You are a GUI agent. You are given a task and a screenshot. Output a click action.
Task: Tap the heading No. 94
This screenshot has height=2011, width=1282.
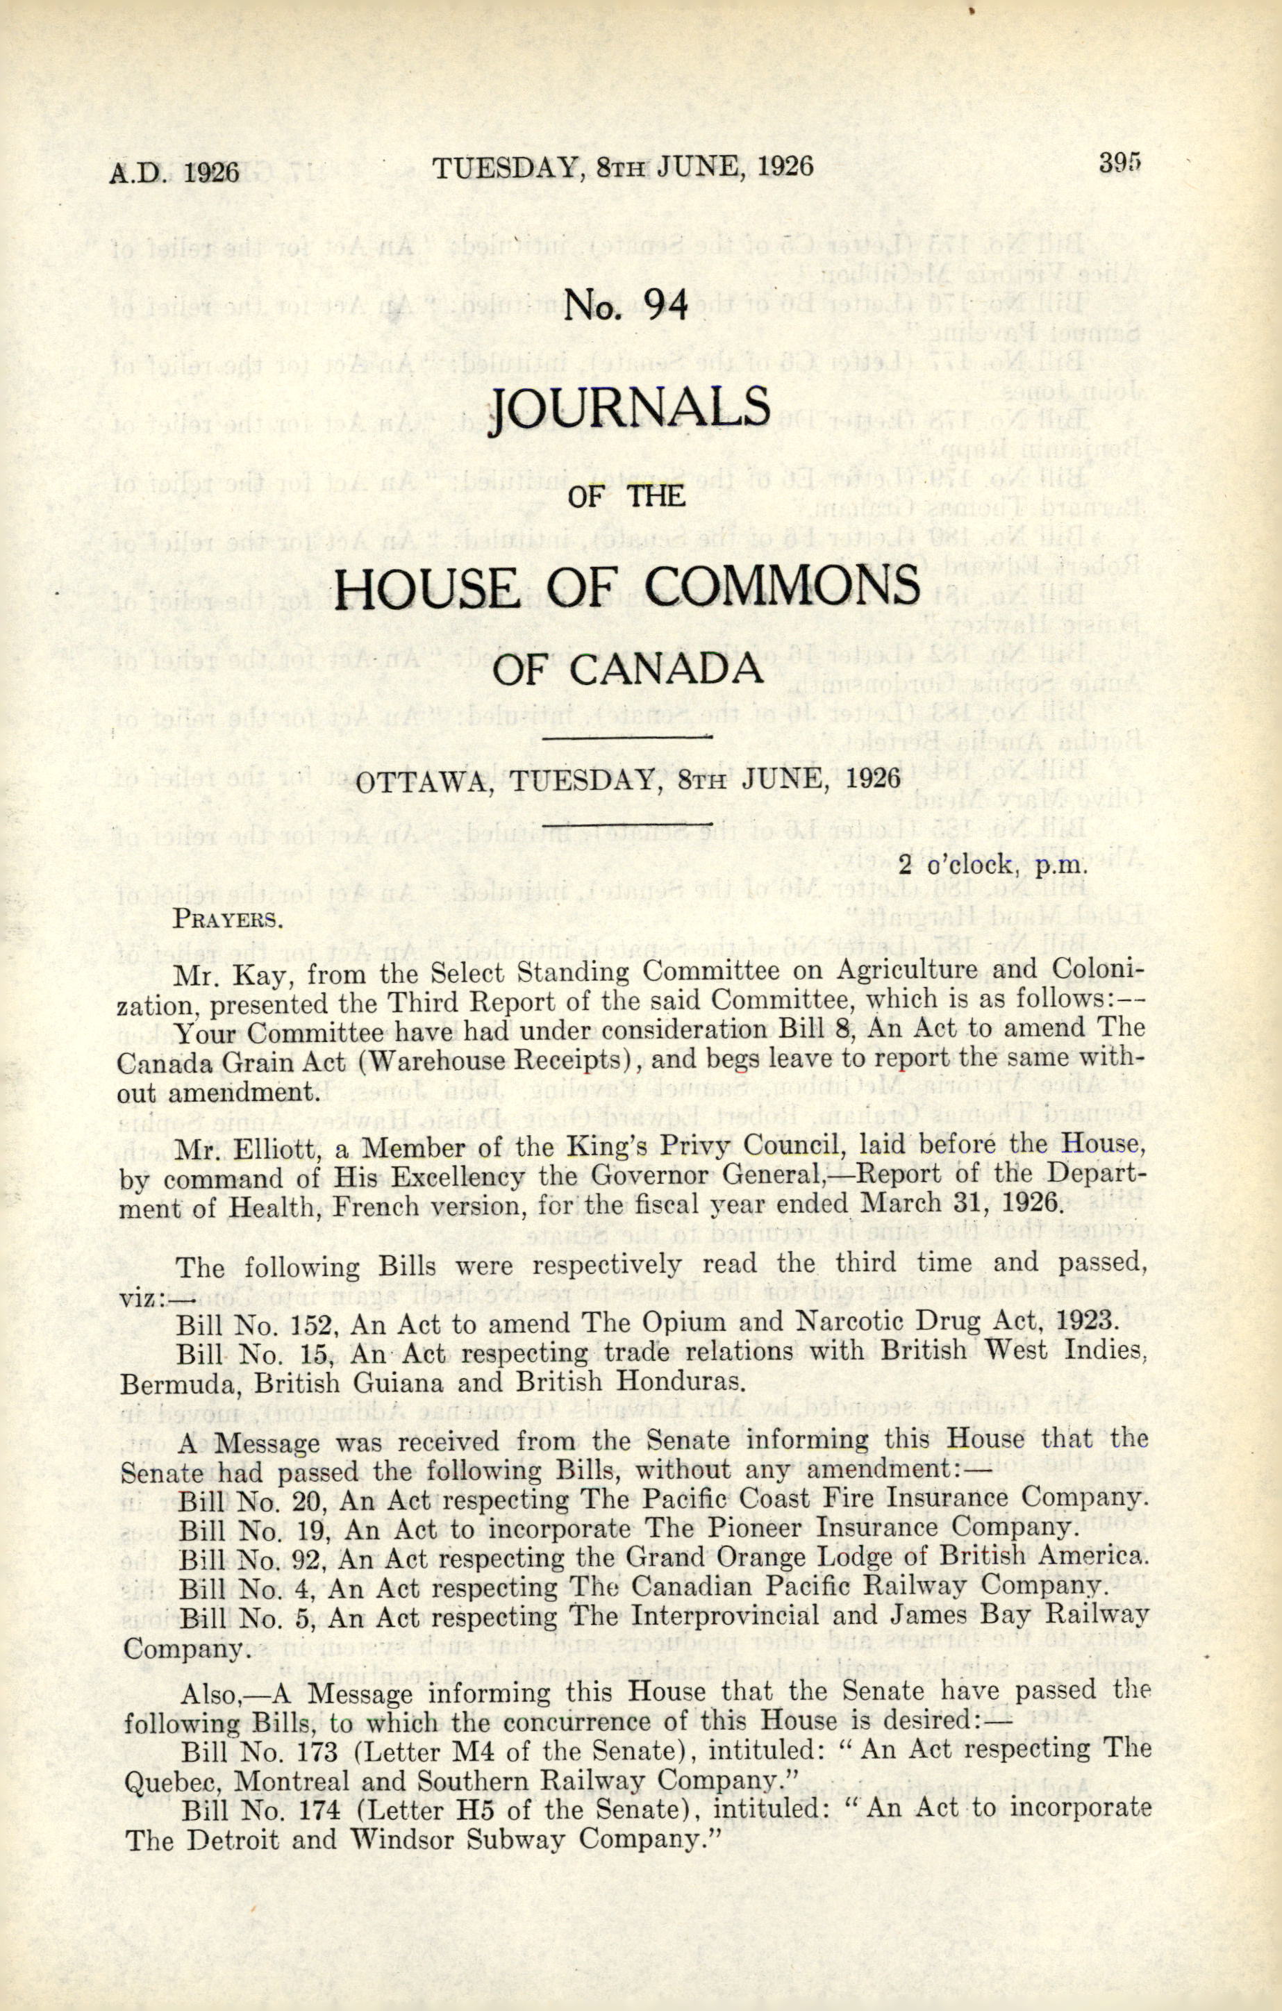(626, 306)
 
